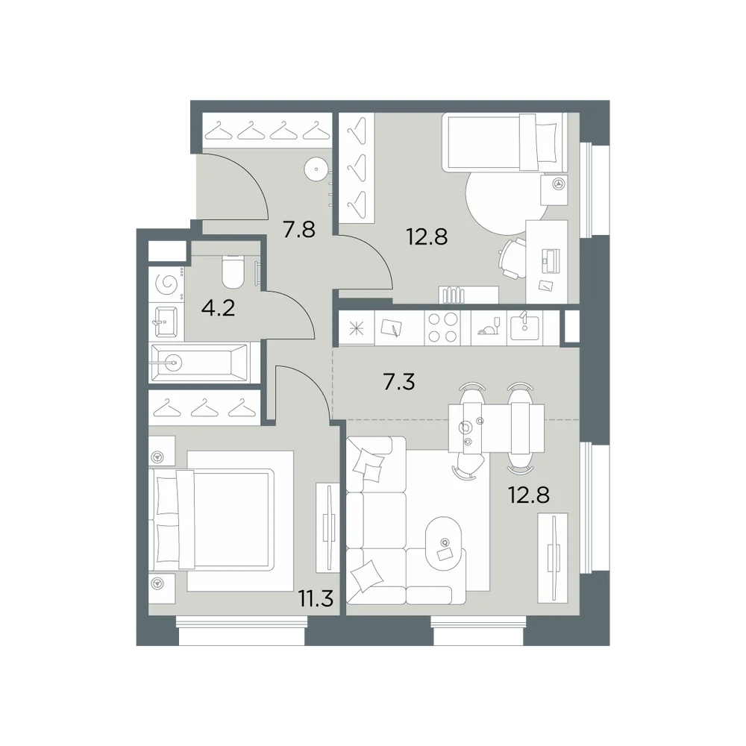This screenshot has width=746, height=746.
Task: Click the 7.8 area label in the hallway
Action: (x=299, y=230)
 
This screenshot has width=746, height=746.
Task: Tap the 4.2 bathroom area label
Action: (x=219, y=309)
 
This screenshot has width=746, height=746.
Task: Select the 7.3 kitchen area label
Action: (x=398, y=382)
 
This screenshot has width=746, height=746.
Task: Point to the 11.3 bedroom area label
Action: (x=316, y=598)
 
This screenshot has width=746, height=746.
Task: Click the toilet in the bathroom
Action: (x=233, y=272)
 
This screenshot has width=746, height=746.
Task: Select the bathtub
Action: (x=200, y=363)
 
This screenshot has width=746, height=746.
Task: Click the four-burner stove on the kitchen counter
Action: (x=442, y=327)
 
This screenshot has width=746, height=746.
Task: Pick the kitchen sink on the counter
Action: (x=524, y=327)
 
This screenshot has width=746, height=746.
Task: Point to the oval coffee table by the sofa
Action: (x=444, y=543)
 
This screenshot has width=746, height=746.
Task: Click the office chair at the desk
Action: (x=510, y=258)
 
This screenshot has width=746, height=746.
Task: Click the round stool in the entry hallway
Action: (x=316, y=169)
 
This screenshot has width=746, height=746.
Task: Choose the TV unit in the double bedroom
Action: (x=327, y=527)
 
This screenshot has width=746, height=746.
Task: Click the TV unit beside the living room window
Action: (x=552, y=557)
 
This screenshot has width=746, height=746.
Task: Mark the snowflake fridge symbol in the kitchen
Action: (x=356, y=329)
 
